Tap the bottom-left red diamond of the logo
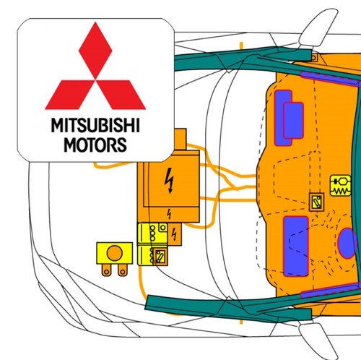pos(69,95)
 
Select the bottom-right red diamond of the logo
pos(121,95)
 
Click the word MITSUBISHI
pos(95,125)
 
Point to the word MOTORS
pos(95,145)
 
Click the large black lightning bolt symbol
pos(170,181)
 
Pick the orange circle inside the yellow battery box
pos(114,253)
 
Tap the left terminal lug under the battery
pos(106,270)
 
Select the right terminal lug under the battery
pos(123,270)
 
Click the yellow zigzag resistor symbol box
pos(341,185)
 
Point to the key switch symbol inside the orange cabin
pos(316,202)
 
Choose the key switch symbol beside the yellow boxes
pos(160,257)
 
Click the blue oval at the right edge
pos(347,244)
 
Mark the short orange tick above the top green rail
pos(241,45)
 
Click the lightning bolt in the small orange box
pos(174,233)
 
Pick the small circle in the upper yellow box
pos(163,227)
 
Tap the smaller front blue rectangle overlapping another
pos(293,121)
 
